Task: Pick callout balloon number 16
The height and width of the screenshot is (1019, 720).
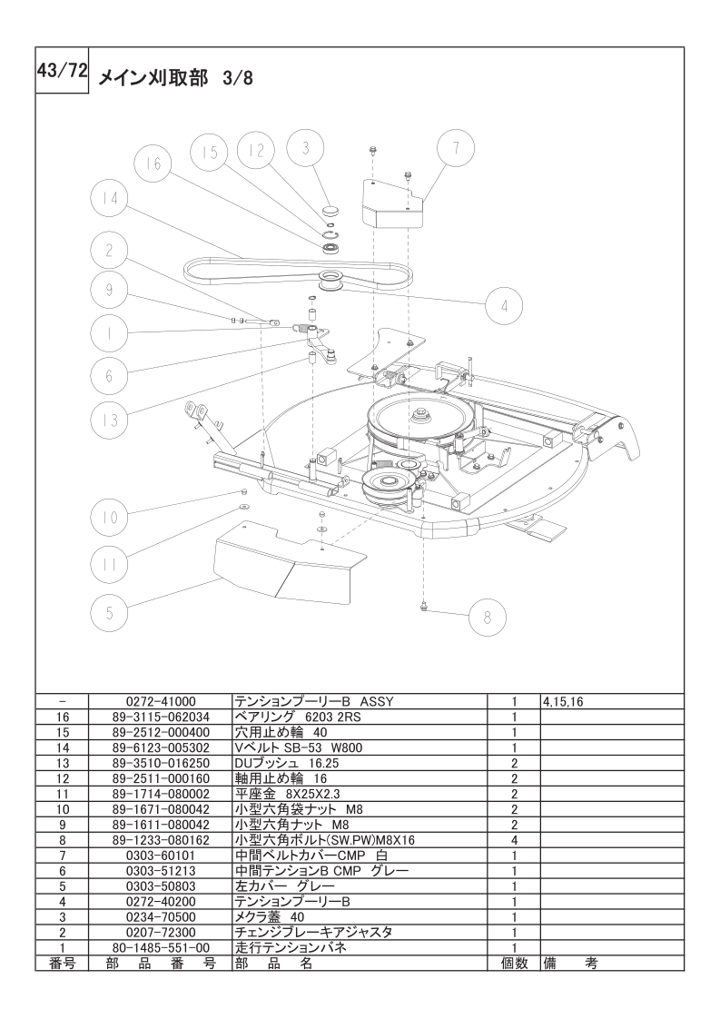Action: pyautogui.click(x=152, y=163)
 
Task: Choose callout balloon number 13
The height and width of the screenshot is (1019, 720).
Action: pyautogui.click(x=109, y=420)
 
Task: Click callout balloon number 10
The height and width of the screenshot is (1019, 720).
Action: pyautogui.click(x=109, y=519)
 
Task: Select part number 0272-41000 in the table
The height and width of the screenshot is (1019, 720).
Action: pyautogui.click(x=160, y=702)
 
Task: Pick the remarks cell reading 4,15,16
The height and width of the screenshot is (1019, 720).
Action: pyautogui.click(x=563, y=702)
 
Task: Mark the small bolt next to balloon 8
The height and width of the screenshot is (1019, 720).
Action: pyautogui.click(x=424, y=607)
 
